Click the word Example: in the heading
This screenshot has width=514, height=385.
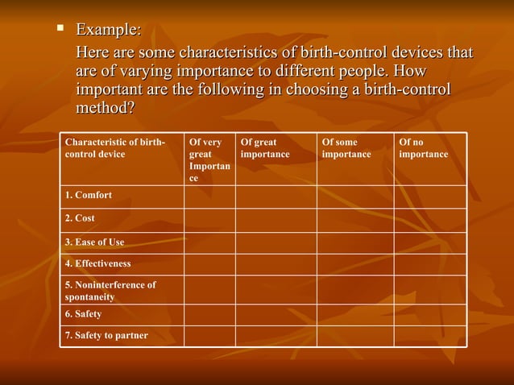click(x=108, y=31)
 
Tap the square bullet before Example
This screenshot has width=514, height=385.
click(x=60, y=29)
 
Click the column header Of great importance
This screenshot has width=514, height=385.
click(x=265, y=148)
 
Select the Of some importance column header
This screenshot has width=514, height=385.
click(x=346, y=148)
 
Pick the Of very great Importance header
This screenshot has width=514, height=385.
click(x=209, y=159)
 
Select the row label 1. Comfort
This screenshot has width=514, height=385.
click(x=89, y=196)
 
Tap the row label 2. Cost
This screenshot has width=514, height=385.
click(x=80, y=218)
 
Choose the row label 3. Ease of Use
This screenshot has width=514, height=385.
click(x=95, y=242)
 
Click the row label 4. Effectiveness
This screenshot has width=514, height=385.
click(x=97, y=263)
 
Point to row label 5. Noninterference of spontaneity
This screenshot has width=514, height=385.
click(x=110, y=290)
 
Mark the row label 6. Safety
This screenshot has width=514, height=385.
click(x=83, y=314)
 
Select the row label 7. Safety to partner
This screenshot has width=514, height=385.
click(x=106, y=335)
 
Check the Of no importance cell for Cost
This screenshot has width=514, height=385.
click(x=429, y=220)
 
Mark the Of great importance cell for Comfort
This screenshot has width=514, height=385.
click(x=276, y=197)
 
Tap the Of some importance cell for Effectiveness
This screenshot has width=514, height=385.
click(x=354, y=264)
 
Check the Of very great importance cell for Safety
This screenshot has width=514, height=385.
click(x=209, y=315)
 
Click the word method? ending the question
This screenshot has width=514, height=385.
click(x=105, y=107)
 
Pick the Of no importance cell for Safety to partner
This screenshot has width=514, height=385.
click(x=429, y=336)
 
